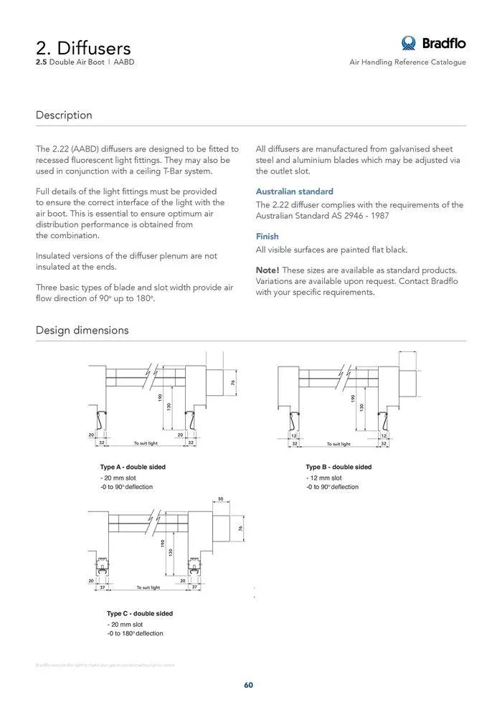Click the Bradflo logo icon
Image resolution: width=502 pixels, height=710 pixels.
coord(409,43)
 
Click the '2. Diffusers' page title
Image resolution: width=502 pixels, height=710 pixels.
coord(83,48)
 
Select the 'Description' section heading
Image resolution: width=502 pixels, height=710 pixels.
coord(64,115)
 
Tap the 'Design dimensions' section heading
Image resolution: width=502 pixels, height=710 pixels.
coord(82,331)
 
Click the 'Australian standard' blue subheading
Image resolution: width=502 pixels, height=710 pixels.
coord(294,191)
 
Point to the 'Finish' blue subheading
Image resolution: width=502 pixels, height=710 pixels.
coord(267,236)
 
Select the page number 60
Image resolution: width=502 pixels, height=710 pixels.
coord(248,685)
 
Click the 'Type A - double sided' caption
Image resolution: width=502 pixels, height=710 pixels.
coord(133,467)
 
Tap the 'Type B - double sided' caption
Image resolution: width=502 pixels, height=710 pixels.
coord(338,467)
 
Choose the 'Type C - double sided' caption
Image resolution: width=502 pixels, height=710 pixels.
coord(140,613)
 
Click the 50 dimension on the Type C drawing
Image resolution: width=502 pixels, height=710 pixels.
coord(221,498)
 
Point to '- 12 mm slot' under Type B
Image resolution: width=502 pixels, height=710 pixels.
coord(324,478)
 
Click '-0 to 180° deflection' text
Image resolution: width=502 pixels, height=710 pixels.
coord(135,633)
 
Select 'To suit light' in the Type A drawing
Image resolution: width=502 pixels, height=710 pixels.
coord(146,444)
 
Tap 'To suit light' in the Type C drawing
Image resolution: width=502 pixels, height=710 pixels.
coord(148,587)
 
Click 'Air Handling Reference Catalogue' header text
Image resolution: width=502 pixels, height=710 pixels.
coord(407,62)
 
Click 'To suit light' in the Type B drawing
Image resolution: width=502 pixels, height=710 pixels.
coord(338,444)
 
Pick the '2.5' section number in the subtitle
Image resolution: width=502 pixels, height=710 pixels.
coord(41,62)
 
